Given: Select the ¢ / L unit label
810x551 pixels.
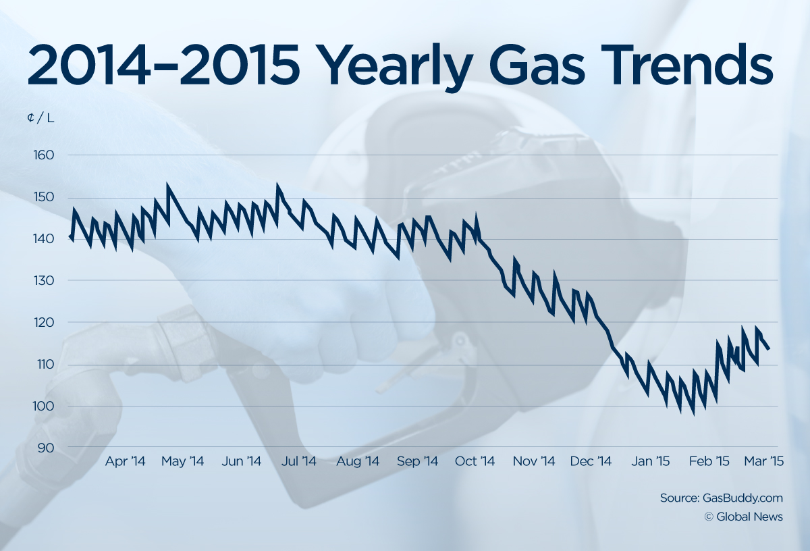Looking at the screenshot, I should click(40, 118).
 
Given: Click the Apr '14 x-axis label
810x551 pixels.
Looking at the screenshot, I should click(126, 462).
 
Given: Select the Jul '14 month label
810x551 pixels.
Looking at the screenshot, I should click(298, 462).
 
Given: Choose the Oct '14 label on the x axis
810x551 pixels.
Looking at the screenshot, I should click(475, 462).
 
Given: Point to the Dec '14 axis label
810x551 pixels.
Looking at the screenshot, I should click(591, 462).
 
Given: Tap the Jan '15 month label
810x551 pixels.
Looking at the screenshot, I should click(651, 462).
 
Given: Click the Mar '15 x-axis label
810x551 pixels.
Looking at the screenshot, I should click(763, 462).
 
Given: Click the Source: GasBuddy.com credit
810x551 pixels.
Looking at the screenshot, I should click(722, 498).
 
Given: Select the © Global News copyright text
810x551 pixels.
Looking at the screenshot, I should click(743, 517).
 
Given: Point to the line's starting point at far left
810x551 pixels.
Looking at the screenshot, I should click(70, 236).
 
